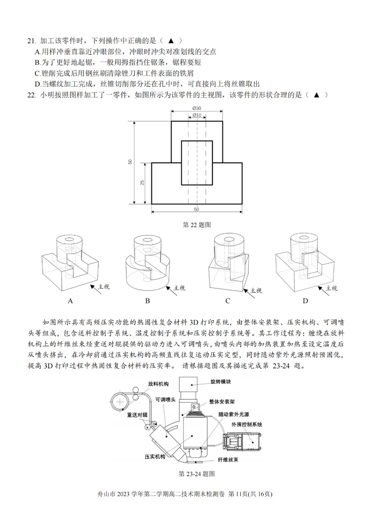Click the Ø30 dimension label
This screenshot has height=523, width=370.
tap(197, 108)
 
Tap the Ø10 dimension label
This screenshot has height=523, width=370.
tap(197, 115)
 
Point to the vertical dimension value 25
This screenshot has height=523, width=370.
tap(142, 183)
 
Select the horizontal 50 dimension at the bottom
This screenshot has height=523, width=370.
tap(197, 209)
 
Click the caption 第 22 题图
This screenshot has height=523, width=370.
tap(197, 225)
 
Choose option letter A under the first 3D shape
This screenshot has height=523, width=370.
tap(70, 301)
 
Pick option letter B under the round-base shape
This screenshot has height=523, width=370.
tap(147, 301)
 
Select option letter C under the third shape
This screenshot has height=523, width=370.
tap(228, 301)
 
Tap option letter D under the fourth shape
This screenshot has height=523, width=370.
tap(305, 301)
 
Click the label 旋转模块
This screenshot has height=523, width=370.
tap(221, 381)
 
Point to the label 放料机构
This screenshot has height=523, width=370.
tap(158, 384)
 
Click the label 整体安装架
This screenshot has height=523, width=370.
tap(222, 401)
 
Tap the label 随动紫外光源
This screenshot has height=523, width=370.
tap(234, 414)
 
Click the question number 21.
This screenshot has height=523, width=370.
tap(32, 41)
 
